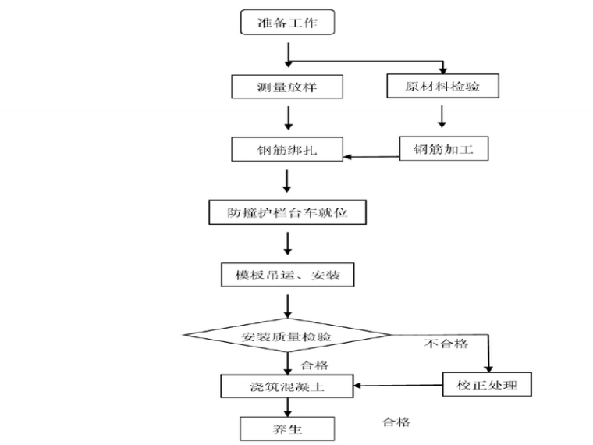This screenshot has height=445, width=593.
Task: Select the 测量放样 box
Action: (x=286, y=86)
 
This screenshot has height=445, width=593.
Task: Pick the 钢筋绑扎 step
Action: (x=286, y=149)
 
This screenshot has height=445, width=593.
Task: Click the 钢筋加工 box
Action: (x=444, y=148)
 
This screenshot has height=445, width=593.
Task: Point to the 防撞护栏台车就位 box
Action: (x=286, y=212)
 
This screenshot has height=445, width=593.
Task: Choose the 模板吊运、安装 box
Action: (x=286, y=275)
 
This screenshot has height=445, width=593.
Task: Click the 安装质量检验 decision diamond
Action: (x=286, y=337)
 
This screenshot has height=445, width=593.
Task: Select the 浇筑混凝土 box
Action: (x=286, y=384)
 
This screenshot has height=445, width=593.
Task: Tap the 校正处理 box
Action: (x=488, y=384)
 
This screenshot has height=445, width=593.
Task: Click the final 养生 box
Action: (x=286, y=429)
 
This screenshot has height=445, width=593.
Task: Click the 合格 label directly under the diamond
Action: (x=313, y=365)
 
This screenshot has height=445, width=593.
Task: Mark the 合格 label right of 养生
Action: (x=396, y=422)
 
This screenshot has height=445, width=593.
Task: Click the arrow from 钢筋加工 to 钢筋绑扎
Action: (x=371, y=157)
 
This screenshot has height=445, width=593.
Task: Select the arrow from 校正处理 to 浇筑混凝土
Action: (x=399, y=385)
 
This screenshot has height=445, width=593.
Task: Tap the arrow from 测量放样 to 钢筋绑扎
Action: (x=288, y=117)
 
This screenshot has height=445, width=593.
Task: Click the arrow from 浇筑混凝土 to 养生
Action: (x=288, y=406)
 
